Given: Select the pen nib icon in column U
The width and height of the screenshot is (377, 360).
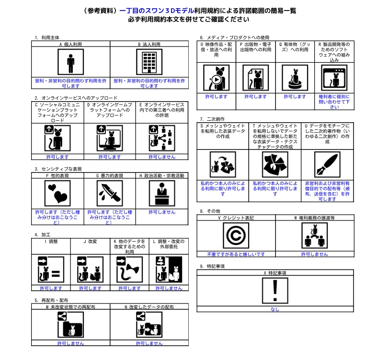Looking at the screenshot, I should click(327, 164).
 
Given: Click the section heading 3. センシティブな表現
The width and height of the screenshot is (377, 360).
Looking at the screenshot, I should click(58, 169).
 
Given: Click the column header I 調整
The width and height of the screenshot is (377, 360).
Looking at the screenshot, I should click(51, 242).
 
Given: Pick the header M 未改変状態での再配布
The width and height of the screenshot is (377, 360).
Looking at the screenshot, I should click(70, 306).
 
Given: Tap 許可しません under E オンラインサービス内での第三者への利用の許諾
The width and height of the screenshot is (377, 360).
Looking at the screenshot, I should click(162, 157).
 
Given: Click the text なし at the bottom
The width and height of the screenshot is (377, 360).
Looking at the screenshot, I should click(274, 309).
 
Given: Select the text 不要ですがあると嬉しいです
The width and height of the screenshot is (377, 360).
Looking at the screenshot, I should click(236, 255).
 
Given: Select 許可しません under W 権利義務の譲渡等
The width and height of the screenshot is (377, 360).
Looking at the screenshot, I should click(314, 255).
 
